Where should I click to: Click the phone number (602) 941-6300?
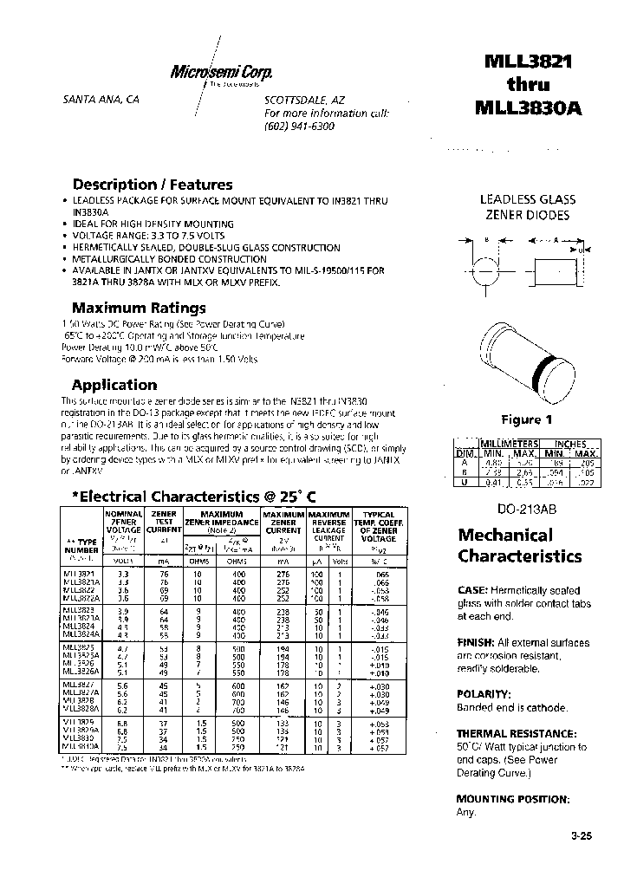pyautogui.click(x=298, y=126)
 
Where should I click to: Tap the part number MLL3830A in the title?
pyautogui.click(x=529, y=107)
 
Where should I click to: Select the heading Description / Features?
pyautogui.click(x=152, y=184)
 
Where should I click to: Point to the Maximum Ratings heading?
pyautogui.click(x=139, y=307)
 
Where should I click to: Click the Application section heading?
pyautogui.click(x=114, y=385)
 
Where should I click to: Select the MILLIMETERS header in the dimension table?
pyautogui.click(x=510, y=443)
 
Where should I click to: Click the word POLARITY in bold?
pyautogui.click(x=484, y=694)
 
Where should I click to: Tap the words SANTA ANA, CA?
pyautogui.click(x=101, y=100)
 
